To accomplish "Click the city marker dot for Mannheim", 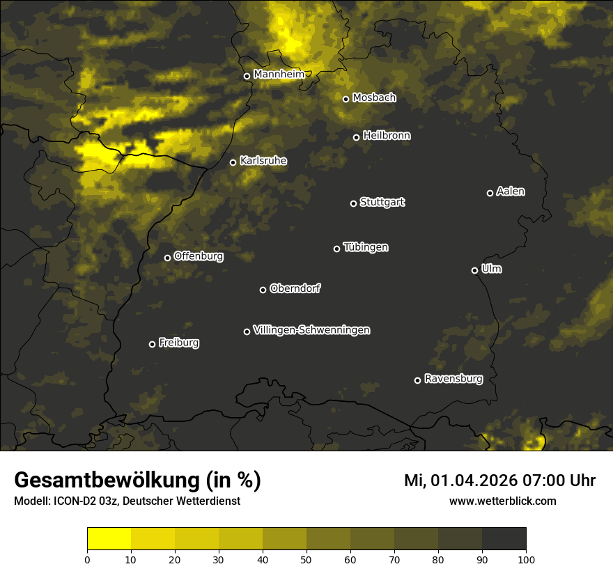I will (x=247, y=77).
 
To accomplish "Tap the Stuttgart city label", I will (x=382, y=202).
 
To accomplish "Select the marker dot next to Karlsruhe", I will (x=233, y=163).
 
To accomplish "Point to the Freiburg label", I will (x=178, y=343).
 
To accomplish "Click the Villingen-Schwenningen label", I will (x=311, y=330).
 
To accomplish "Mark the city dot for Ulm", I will (x=474, y=270).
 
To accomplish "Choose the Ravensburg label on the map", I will (x=453, y=379).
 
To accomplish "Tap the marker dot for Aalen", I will (x=490, y=193).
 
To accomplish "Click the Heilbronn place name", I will (x=387, y=136).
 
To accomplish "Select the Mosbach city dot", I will (x=346, y=99).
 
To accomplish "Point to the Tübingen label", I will (x=366, y=247).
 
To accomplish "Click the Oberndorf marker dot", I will (x=263, y=290).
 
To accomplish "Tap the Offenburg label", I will (x=199, y=256).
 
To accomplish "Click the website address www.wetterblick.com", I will (x=502, y=501).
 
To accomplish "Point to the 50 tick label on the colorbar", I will (x=306, y=559).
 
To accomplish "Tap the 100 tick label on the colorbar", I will (x=526, y=559).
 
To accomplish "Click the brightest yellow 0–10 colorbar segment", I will (x=109, y=539).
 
